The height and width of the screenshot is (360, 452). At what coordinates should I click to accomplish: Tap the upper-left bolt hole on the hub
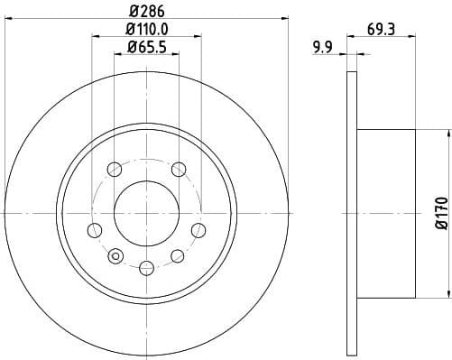[x=114, y=169]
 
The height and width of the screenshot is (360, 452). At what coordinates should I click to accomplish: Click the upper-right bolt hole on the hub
[x=179, y=169]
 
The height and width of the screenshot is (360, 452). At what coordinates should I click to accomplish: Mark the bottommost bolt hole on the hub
[x=146, y=266]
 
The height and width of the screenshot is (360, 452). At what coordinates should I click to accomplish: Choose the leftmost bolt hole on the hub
[x=93, y=228]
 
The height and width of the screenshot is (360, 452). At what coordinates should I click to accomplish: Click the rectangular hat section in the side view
[x=386, y=214]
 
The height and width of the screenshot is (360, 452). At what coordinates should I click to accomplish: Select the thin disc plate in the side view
[x=351, y=214]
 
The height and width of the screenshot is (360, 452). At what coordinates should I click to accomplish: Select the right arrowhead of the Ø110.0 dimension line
[x=199, y=36]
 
